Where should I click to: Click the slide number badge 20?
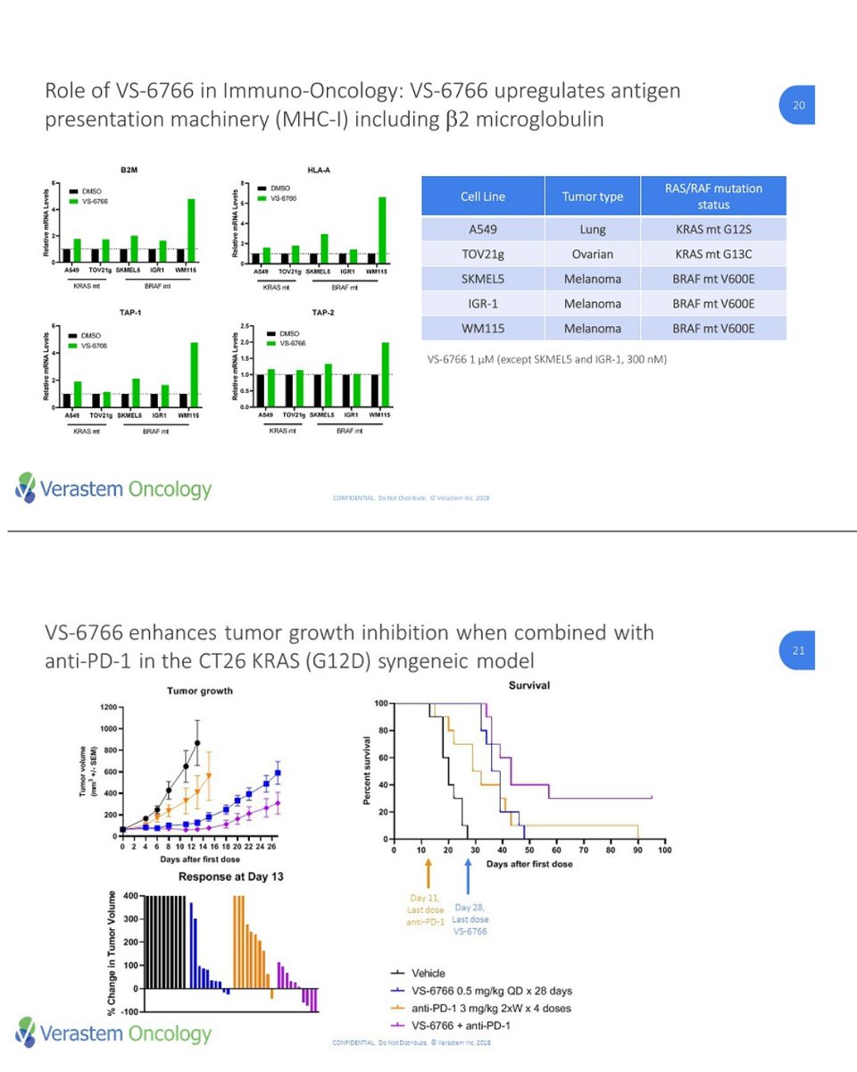click(x=798, y=105)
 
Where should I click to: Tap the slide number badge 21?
click(x=798, y=650)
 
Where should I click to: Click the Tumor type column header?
click(x=592, y=196)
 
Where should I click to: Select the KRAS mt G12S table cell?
click(x=713, y=229)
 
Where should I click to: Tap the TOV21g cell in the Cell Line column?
click(x=483, y=254)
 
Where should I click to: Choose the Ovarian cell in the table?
click(x=592, y=254)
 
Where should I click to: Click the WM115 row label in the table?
click(x=483, y=329)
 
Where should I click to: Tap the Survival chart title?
click(x=528, y=685)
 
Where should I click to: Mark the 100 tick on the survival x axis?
click(x=664, y=850)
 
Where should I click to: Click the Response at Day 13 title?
click(x=230, y=876)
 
